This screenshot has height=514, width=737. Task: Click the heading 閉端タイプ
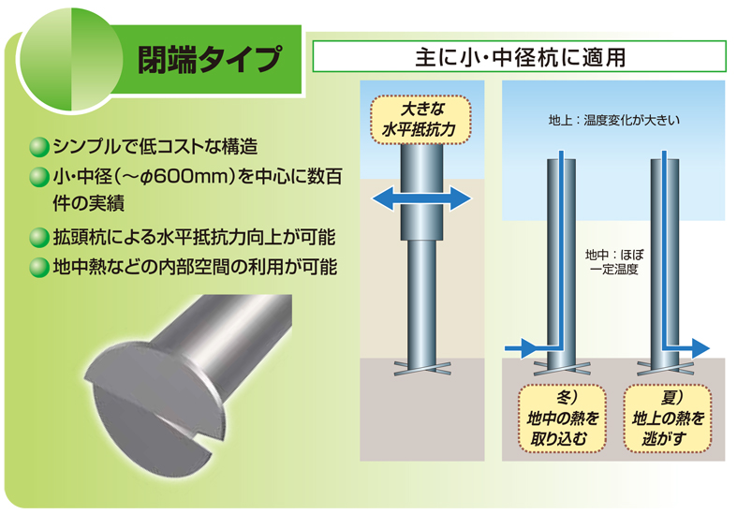[x=210, y=60]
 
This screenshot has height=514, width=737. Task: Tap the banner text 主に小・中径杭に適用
[x=520, y=57]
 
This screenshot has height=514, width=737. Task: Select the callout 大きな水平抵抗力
[x=420, y=119]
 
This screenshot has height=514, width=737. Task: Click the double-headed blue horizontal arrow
[x=421, y=198]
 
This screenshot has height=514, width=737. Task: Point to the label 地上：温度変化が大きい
[x=613, y=121]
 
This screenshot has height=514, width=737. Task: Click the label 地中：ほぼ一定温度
[x=613, y=262]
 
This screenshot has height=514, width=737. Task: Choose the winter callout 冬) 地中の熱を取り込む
[x=562, y=419]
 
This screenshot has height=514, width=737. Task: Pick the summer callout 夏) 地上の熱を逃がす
[x=667, y=419]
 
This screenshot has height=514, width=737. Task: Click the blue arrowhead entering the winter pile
[x=529, y=348]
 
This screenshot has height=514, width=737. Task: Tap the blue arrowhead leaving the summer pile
[x=700, y=348]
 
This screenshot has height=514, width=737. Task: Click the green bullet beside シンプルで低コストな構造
[x=39, y=147]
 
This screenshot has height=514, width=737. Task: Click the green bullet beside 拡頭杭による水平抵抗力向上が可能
[x=39, y=237]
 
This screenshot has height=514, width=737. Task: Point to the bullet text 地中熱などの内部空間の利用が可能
[x=195, y=267]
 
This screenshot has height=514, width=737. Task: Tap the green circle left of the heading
[x=69, y=61]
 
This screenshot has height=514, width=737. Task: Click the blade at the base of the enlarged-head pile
[x=421, y=368]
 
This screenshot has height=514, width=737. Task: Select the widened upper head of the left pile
[x=421, y=193]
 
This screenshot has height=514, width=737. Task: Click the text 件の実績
[x=89, y=205]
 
